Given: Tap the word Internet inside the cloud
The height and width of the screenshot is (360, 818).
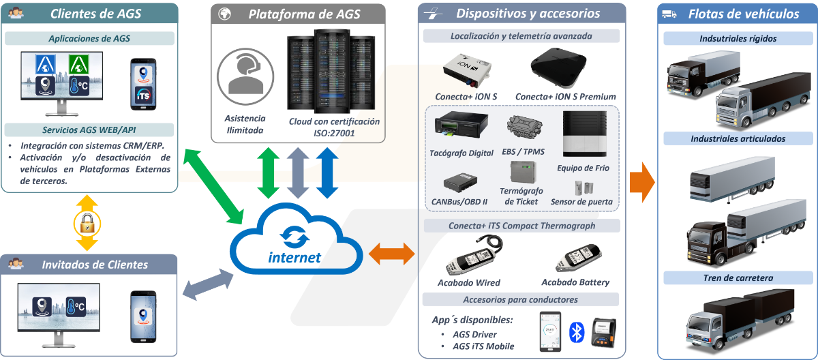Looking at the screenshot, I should pyautogui.click(x=294, y=258).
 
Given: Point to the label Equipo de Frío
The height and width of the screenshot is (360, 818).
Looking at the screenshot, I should pyautogui.click(x=583, y=168).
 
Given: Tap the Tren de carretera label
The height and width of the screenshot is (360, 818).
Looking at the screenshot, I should pyautogui.click(x=738, y=277).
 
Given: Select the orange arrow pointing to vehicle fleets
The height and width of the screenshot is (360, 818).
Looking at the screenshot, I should pyautogui.click(x=641, y=181).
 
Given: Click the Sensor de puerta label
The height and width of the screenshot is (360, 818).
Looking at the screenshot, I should pyautogui.click(x=582, y=202).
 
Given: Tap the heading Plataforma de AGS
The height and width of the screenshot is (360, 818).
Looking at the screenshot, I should pyautogui.click(x=304, y=14).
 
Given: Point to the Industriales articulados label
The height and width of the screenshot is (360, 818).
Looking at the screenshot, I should pyautogui.click(x=738, y=138).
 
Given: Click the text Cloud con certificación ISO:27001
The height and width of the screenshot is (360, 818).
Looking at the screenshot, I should pyautogui.click(x=334, y=127).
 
